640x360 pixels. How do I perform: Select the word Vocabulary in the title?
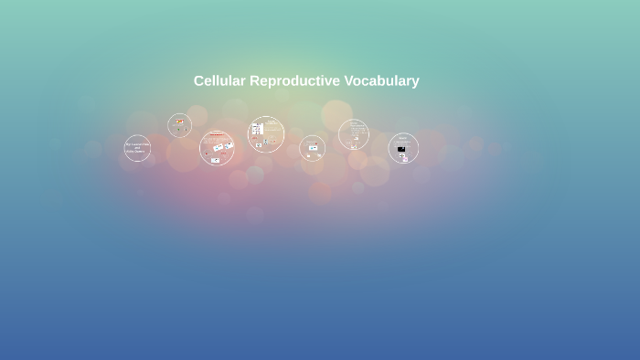tap(382, 80)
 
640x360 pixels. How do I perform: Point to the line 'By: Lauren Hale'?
tap(137, 144)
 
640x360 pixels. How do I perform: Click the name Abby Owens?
tap(137, 152)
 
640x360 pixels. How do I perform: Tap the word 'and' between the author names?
tap(137, 148)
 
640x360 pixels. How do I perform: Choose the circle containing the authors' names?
tap(137, 148)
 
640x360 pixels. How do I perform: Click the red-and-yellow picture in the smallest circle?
tap(180, 122)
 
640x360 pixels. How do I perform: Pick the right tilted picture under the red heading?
tap(228, 145)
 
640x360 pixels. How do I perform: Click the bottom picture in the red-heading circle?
tap(215, 160)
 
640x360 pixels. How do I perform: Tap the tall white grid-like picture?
tap(257, 130)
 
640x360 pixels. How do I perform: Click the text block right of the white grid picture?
tap(272, 130)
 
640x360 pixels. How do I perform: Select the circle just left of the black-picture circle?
tap(353, 135)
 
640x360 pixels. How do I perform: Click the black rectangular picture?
tap(401, 148)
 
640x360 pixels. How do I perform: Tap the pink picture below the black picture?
tap(404, 156)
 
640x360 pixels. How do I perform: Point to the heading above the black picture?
tap(402, 138)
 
